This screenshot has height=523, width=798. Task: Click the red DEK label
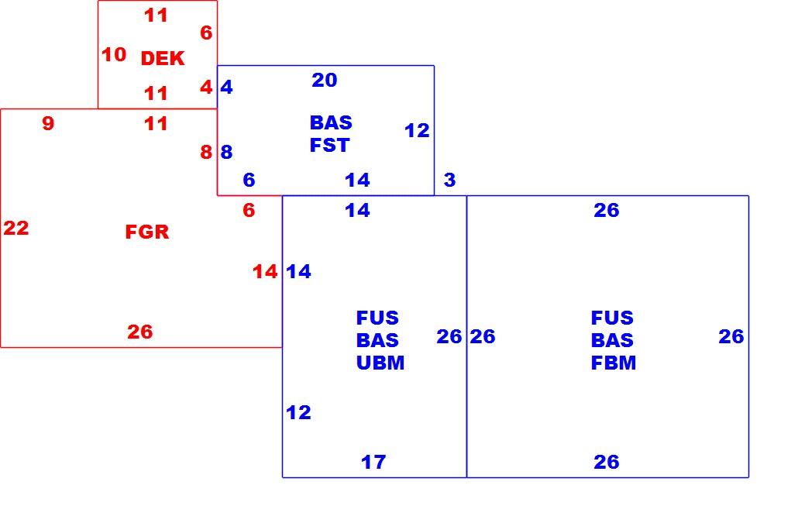click(x=163, y=59)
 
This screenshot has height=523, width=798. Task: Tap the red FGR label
click(x=147, y=232)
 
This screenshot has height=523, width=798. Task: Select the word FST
click(x=330, y=146)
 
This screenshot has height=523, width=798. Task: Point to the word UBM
click(x=380, y=363)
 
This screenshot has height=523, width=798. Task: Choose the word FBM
click(x=614, y=363)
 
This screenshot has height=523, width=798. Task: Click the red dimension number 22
click(x=16, y=228)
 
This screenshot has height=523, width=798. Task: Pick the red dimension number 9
click(x=48, y=123)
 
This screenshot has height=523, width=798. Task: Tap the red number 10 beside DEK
click(x=114, y=54)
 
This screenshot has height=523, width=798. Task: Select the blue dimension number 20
click(x=325, y=80)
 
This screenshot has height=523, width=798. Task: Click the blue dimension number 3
click(x=449, y=180)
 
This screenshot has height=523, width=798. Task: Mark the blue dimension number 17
click(x=373, y=462)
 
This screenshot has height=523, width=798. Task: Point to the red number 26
click(x=140, y=332)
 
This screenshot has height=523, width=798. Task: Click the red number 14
click(x=265, y=272)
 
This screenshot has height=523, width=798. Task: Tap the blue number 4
click(x=226, y=88)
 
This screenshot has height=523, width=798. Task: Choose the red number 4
click(x=206, y=88)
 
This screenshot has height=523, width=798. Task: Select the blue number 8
click(x=226, y=152)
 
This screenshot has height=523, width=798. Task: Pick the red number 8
click(x=206, y=152)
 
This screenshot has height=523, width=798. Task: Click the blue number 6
click(x=249, y=180)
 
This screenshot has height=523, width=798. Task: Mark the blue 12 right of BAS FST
click(x=417, y=131)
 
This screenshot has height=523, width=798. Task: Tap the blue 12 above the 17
click(x=299, y=413)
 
